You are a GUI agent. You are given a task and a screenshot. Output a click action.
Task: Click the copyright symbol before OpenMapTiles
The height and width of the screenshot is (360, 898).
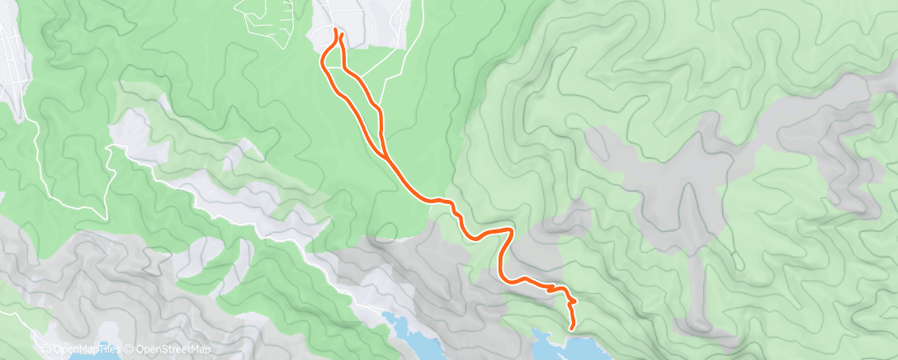(x=45, y=350)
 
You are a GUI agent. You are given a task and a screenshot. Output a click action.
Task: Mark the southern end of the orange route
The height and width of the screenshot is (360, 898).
(x=572, y=329)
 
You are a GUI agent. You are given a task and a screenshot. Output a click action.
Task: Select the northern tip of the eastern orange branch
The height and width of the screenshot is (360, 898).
(x=340, y=34)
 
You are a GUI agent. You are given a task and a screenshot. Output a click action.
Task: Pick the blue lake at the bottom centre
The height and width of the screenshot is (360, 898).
(x=413, y=334)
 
